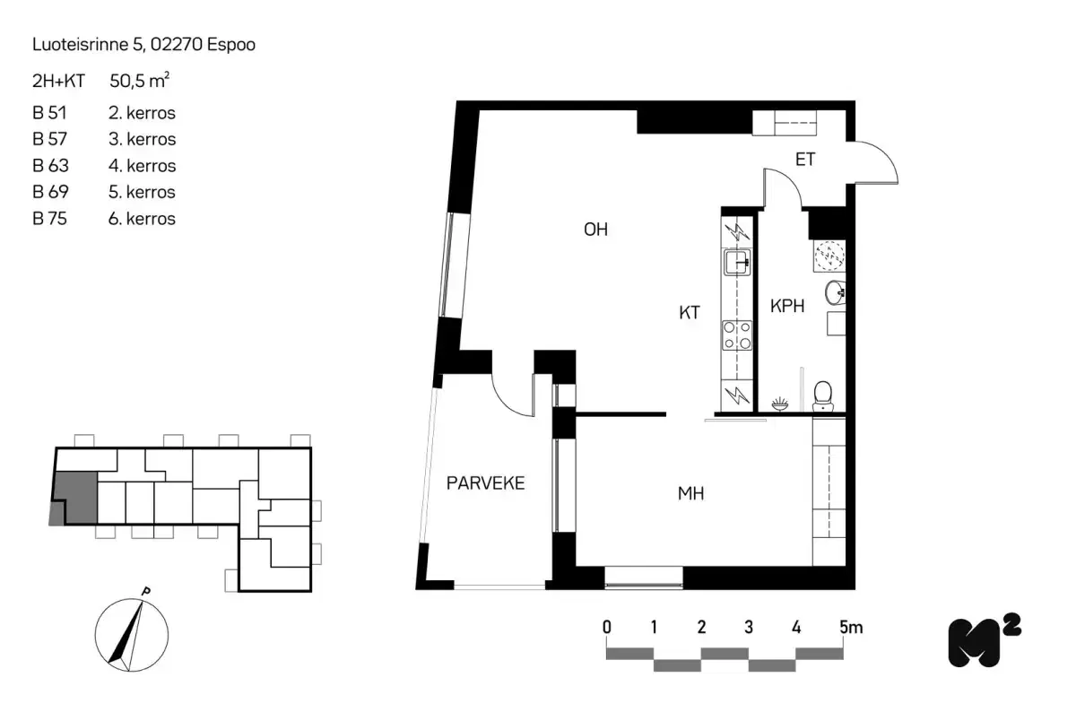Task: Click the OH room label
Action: coord(595,230)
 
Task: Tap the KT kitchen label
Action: coord(689,313)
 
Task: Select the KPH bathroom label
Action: coord(787,306)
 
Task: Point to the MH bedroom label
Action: coord(690,493)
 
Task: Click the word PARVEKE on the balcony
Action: coord(485,484)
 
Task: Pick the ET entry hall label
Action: coord(805,161)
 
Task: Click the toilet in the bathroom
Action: coord(821,394)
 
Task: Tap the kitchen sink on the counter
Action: coord(737,263)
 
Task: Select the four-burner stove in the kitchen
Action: coord(737,334)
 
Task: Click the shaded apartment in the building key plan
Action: coord(75,496)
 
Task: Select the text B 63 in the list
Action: coord(50,166)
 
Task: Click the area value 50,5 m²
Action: coord(140,81)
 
